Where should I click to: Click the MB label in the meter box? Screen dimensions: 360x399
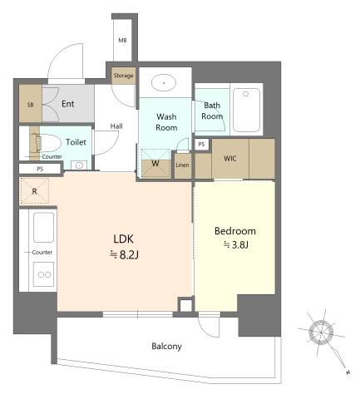tap(122, 41)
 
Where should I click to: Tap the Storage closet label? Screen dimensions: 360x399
tap(123, 76)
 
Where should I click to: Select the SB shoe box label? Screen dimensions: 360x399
tap(30, 105)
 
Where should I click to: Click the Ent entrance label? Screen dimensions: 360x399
tap(67, 104)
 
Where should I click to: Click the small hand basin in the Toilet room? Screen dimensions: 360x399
tap(79, 165)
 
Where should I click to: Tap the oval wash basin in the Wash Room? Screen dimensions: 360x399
tap(164, 82)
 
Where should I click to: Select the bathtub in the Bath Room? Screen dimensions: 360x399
tap(246, 110)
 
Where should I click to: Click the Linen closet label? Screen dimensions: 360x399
tap(182, 165)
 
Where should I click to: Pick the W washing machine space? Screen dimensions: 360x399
tap(155, 164)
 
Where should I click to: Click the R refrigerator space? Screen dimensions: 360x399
tap(34, 191)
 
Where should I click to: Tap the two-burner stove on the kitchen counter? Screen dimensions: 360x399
tap(44, 274)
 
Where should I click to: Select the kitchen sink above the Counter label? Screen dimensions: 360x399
tap(43, 228)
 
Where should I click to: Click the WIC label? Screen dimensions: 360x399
tap(229, 159)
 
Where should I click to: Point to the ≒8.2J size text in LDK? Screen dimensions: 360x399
tap(124, 254)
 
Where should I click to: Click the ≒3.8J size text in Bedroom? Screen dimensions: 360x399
tap(236, 245)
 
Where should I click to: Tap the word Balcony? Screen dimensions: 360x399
tap(166, 347)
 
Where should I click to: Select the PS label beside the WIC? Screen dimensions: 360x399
tap(201, 144)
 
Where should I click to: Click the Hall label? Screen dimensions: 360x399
tap(116, 126)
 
